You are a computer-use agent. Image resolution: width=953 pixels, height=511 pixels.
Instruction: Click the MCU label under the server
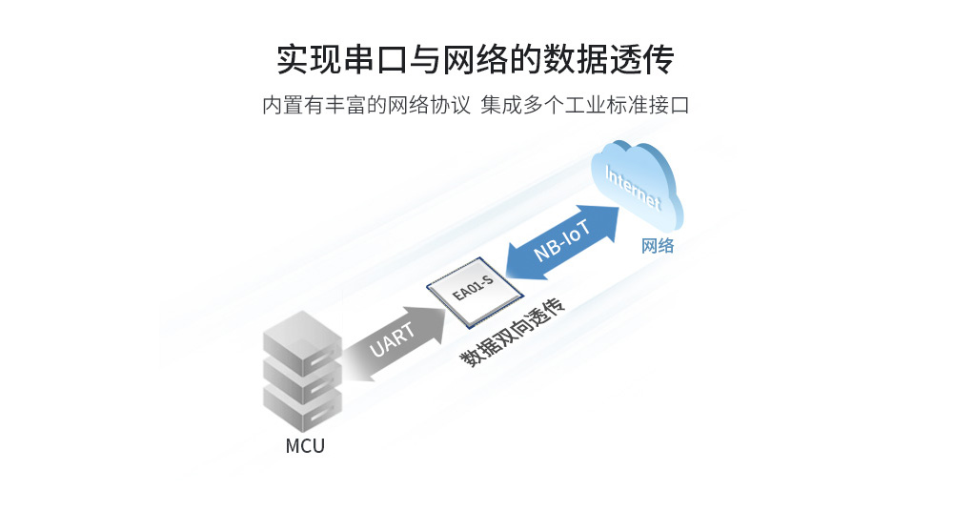pos(305,446)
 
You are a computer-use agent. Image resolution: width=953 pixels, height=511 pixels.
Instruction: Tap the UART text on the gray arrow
pos(392,340)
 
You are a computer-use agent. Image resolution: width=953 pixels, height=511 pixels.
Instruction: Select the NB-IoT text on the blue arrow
pos(562,240)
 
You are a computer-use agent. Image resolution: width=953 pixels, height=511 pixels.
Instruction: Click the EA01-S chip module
pos(474,289)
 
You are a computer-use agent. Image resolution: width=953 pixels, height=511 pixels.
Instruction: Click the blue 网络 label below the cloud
pos(658,246)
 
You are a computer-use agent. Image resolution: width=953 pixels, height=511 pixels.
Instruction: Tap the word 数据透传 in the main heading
pos(608,59)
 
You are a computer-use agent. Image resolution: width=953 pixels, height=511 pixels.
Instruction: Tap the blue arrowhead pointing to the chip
pos(521,262)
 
